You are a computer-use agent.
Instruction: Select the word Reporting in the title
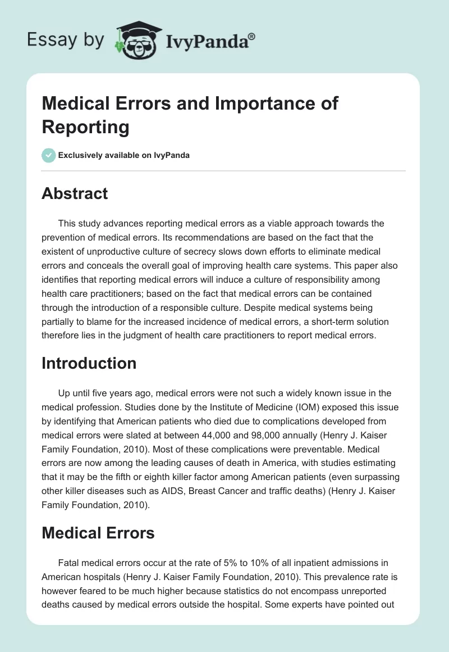[86, 127]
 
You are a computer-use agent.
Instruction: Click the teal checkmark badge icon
[49, 155]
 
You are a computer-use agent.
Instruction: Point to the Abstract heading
[75, 193]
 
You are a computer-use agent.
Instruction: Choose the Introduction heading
[89, 363]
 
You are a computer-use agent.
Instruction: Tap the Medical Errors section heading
[98, 533]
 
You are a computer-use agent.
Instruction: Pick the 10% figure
[232, 563]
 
